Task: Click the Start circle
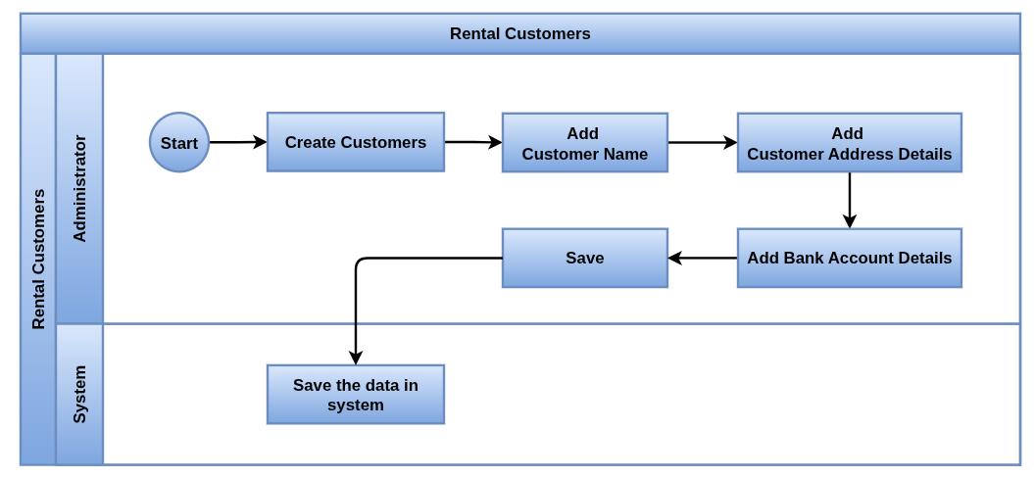click(179, 142)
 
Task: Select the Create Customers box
click(356, 142)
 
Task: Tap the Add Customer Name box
click(585, 143)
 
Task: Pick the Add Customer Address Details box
click(850, 143)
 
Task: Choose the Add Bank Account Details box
click(850, 258)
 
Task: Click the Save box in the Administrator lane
click(585, 258)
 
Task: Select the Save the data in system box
click(356, 395)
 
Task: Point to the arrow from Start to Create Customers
click(238, 142)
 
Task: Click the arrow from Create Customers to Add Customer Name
click(473, 142)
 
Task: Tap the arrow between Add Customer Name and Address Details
click(703, 142)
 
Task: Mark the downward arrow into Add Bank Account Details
click(850, 201)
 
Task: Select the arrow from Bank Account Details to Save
click(703, 258)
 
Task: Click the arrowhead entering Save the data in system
click(356, 358)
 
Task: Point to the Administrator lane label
click(79, 189)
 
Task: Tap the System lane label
click(79, 395)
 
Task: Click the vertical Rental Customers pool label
click(38, 260)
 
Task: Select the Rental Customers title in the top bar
click(520, 33)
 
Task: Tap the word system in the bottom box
click(356, 405)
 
